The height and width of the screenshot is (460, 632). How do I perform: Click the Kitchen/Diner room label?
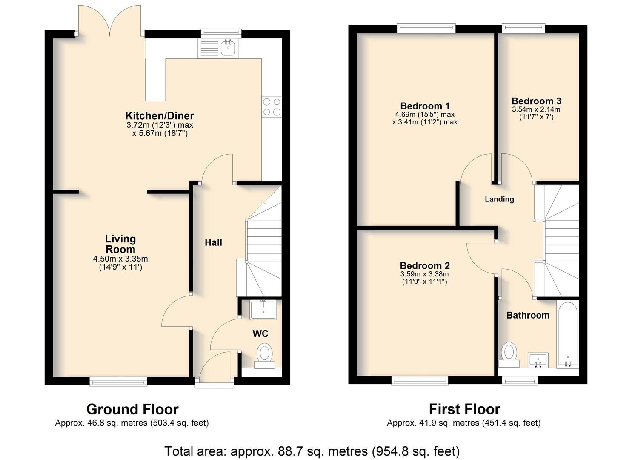tap(160, 116)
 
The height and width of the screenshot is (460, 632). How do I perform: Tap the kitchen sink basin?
tap(228, 48)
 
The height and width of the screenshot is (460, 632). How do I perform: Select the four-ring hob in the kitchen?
tap(272, 107)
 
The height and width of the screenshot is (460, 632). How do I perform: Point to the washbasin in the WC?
tap(263, 310)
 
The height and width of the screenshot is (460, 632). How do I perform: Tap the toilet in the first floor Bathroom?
tap(509, 355)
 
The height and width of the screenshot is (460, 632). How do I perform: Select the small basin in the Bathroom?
tap(538, 360)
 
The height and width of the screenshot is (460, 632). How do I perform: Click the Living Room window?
tap(118, 382)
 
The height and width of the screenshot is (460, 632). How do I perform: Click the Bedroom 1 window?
tap(426, 28)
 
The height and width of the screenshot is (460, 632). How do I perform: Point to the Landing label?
tap(499, 199)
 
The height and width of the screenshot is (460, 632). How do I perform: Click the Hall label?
tap(213, 242)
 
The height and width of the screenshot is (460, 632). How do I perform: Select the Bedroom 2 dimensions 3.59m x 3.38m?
tap(424, 274)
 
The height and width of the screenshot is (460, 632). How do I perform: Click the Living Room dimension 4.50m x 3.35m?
tap(120, 259)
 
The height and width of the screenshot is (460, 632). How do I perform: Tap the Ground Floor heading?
tap(132, 409)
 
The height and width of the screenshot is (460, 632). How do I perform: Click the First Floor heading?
tap(464, 409)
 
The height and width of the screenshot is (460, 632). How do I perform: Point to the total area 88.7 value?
tap(287, 451)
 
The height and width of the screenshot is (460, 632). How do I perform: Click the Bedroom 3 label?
tap(536, 101)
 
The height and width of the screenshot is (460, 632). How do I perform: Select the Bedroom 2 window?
tap(420, 381)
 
